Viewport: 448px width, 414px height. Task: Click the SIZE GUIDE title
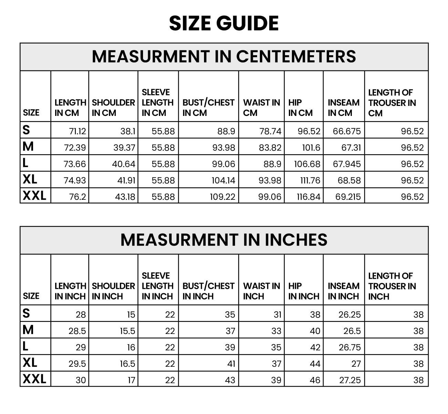click(224, 23)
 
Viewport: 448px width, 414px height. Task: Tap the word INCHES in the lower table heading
click(296, 240)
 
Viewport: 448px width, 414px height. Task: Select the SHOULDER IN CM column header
click(113, 108)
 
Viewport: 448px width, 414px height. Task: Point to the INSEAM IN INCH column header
click(343, 291)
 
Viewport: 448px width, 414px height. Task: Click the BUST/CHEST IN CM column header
click(208, 108)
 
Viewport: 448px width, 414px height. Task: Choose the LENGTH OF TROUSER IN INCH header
click(392, 286)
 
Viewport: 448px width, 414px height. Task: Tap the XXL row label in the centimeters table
click(34, 196)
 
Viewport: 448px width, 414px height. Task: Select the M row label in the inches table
click(28, 330)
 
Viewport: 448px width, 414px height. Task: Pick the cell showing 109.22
click(223, 197)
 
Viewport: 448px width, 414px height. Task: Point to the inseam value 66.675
click(347, 131)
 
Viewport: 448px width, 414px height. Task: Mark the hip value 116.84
click(308, 197)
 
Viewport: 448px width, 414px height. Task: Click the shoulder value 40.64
click(124, 164)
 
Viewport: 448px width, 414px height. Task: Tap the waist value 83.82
click(270, 148)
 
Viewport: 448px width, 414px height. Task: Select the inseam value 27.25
click(350, 380)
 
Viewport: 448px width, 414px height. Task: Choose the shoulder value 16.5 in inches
click(128, 364)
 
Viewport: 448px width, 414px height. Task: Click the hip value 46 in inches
click(315, 380)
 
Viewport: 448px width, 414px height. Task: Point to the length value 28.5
click(77, 331)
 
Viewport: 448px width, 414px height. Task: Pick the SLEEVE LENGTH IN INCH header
click(157, 286)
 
